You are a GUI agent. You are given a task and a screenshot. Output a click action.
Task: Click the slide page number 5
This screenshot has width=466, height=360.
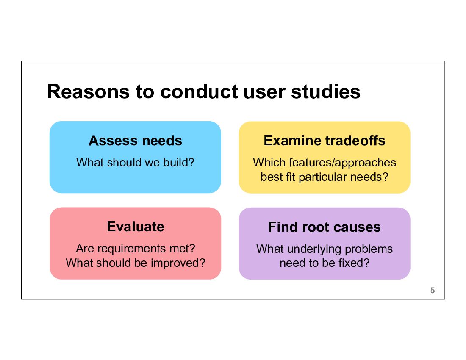pos(433,291)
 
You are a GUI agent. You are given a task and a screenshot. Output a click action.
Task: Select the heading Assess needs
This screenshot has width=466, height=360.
pos(135,141)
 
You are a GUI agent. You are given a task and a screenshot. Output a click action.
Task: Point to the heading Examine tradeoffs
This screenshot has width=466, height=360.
pos(325,141)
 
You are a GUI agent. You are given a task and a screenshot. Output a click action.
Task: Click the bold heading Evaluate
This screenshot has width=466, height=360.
pos(136,227)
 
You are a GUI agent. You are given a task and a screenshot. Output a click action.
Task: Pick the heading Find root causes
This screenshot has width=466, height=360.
pos(325,227)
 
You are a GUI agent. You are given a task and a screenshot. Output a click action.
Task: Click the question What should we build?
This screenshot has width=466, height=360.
pos(135,162)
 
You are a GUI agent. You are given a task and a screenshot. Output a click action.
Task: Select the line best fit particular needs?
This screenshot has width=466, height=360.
pos(325,177)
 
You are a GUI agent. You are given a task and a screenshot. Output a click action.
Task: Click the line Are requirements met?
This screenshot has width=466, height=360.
pos(136,249)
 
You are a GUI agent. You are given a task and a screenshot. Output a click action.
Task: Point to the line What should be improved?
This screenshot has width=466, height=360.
pos(136,263)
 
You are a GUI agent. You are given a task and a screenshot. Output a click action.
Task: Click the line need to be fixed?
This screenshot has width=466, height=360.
pos(325,263)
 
